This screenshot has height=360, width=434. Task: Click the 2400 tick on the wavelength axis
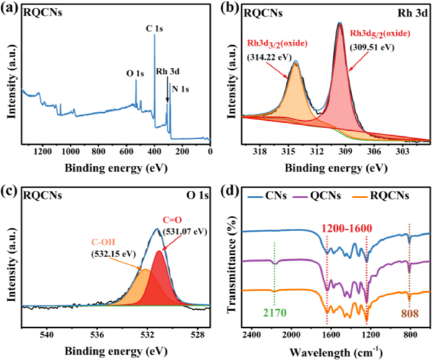251,335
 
